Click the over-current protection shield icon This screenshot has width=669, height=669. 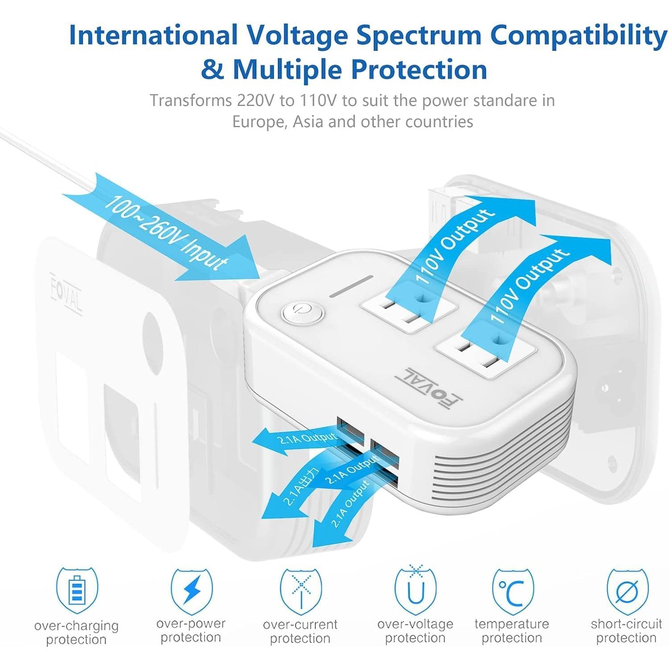tap(301, 591)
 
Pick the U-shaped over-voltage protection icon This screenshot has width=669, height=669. tap(416, 591)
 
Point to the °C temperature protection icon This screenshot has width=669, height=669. tap(512, 591)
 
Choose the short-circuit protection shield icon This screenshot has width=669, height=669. tap(627, 591)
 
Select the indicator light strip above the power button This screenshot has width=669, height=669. tap(351, 286)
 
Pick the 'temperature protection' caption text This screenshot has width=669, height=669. tap(512, 631)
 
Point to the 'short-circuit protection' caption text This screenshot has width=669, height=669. tap(626, 631)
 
